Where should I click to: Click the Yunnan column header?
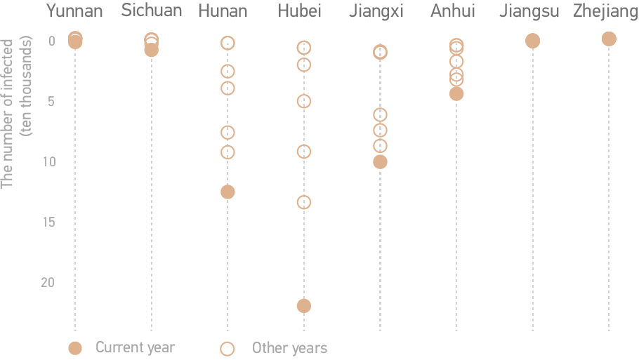(74, 11)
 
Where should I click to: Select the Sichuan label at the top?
(151, 11)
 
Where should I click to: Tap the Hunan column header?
(223, 11)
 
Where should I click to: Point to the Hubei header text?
(301, 11)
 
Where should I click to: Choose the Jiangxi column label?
(376, 11)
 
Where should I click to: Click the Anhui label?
(453, 11)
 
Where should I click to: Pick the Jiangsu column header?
(529, 11)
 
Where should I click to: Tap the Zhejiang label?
(605, 11)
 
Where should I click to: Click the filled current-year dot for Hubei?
(304, 305)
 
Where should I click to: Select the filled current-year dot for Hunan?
(228, 192)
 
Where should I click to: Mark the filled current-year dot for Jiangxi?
(380, 161)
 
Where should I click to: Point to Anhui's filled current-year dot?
(456, 93)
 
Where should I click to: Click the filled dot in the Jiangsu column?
(532, 41)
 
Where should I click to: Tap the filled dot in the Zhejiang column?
(609, 39)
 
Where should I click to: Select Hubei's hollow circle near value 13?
(304, 202)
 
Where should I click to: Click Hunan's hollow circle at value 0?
(228, 43)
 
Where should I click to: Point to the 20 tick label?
(48, 282)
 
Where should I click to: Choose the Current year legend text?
(135, 347)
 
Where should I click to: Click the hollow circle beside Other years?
(228, 347)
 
